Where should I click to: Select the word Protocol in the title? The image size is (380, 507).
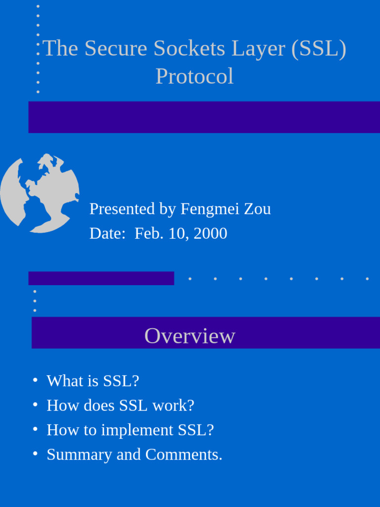click(x=194, y=77)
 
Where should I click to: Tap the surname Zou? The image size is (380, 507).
click(x=258, y=209)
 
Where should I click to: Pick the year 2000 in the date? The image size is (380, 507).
click(x=210, y=233)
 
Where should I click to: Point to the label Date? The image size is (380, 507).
click(x=107, y=233)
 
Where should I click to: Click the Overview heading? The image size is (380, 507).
click(x=190, y=336)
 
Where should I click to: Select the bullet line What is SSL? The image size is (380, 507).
click(x=93, y=381)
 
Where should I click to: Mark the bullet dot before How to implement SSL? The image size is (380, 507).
click(x=35, y=428)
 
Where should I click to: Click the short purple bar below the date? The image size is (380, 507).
click(x=101, y=278)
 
